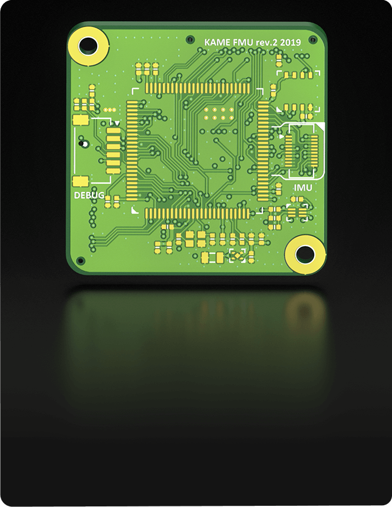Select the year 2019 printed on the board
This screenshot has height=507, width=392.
click(x=291, y=42)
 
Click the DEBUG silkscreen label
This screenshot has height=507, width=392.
click(x=89, y=195)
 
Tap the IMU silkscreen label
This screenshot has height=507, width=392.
click(x=303, y=187)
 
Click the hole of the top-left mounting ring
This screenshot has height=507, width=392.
click(x=88, y=46)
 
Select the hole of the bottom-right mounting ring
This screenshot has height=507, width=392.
click(x=305, y=254)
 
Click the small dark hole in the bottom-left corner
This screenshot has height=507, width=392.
click(x=80, y=260)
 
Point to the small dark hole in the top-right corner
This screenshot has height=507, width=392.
click(x=312, y=40)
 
